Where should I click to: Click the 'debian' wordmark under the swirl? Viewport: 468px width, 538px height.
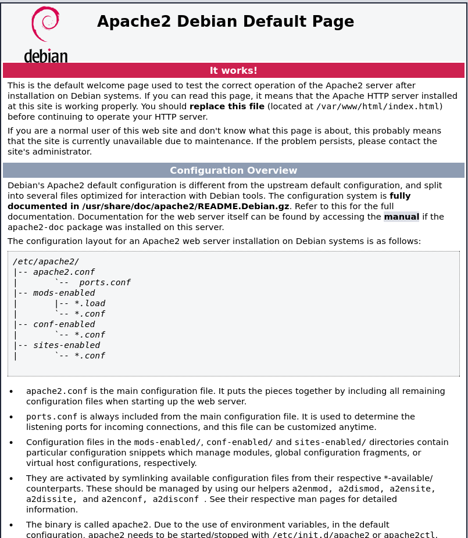[46, 56]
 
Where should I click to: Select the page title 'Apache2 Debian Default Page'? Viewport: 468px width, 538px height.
[226, 21]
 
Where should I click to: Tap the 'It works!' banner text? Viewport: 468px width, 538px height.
[234, 71]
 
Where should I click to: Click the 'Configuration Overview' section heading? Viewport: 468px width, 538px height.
[234, 171]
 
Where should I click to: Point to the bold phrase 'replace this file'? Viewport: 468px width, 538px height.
[227, 106]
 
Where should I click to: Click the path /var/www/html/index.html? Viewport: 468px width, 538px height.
[377, 106]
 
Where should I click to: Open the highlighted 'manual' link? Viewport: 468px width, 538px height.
[401, 217]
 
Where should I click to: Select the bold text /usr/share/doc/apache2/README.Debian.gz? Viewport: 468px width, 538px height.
[185, 206]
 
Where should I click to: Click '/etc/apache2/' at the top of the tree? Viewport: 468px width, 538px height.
[46, 261]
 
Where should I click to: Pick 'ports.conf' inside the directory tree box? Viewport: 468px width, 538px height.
[105, 282]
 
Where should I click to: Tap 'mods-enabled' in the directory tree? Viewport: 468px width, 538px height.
[64, 293]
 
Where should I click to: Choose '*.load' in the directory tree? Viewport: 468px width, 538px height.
[90, 303]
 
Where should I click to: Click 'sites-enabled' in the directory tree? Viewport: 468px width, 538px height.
[66, 345]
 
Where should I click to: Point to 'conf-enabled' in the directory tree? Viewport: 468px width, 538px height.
[64, 324]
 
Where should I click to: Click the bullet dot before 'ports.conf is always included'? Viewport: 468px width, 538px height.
[11, 417]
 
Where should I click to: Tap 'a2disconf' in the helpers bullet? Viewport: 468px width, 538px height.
[176, 500]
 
